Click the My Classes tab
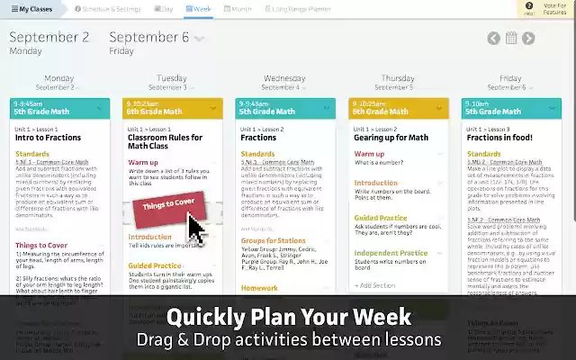[x=32, y=8]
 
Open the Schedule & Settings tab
[x=107, y=8]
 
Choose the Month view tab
[x=238, y=8]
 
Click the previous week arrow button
[x=494, y=38]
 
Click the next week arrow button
[x=528, y=38]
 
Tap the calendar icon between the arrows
[x=511, y=38]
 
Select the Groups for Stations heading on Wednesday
[x=273, y=241]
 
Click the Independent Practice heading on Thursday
[x=390, y=254]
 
